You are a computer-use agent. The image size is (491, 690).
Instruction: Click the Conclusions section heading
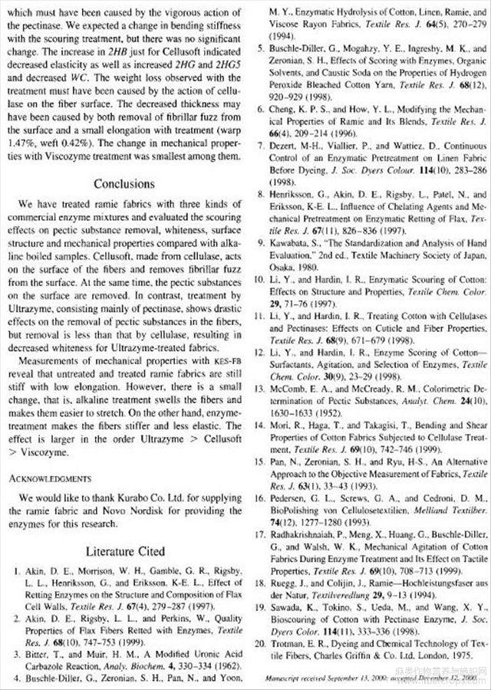pos(124,184)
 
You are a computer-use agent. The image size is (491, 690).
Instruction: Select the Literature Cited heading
pos(124,550)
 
